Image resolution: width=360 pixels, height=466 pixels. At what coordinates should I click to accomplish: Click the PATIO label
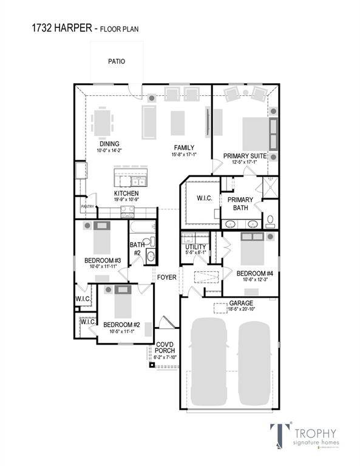pyautogui.click(x=117, y=61)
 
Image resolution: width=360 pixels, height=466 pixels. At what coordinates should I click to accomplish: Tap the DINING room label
pyautogui.click(x=109, y=144)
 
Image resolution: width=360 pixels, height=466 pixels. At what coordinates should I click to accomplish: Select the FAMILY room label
pyautogui.click(x=184, y=147)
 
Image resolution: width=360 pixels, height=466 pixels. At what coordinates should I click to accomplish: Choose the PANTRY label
pyautogui.click(x=87, y=206)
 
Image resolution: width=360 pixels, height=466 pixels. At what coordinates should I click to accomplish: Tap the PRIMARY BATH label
pyautogui.click(x=240, y=204)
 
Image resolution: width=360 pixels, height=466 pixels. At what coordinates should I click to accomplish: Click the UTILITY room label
pyautogui.click(x=196, y=247)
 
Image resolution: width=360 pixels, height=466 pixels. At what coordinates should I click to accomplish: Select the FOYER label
pyautogui.click(x=167, y=277)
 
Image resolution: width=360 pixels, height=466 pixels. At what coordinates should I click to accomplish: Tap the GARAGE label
pyautogui.click(x=241, y=303)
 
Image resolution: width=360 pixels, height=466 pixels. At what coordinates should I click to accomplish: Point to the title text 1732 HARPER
pyautogui.click(x=55, y=27)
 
